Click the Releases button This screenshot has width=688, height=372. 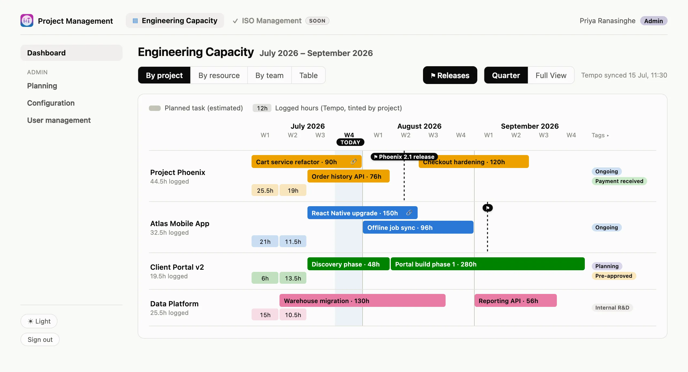coord(450,75)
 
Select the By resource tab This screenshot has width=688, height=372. coord(219,75)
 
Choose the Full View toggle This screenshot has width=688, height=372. coord(551,75)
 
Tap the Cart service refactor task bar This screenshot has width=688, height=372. coord(306,162)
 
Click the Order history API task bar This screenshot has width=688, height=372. coord(348,176)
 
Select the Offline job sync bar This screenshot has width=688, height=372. coord(418,227)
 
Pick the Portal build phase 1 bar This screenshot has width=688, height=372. coord(488,264)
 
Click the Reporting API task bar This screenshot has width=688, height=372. coord(515,301)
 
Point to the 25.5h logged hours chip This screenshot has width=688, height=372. coord(265,190)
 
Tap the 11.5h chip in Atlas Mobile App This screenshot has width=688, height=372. coord(293,241)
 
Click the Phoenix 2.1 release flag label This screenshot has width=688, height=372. coord(404,157)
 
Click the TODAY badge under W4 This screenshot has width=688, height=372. coord(350,142)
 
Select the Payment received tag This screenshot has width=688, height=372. coord(619,181)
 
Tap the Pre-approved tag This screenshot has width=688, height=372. coord(614,276)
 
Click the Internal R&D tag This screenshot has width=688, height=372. coord(612,308)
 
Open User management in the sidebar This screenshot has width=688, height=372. coord(59,120)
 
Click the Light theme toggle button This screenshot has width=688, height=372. coord(39,321)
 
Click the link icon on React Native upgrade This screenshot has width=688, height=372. coord(409,213)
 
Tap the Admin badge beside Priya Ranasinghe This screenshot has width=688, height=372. coord(654,21)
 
